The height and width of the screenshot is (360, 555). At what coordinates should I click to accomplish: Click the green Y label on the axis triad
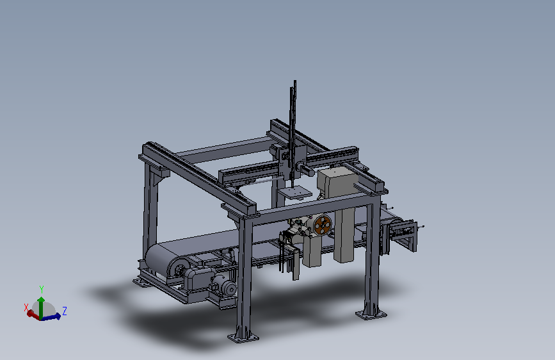(42, 289)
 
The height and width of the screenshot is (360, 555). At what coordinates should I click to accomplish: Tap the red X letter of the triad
(26, 307)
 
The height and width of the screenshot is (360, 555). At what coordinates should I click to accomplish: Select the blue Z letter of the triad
(65, 311)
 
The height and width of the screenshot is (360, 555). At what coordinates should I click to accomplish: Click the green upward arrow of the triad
(41, 307)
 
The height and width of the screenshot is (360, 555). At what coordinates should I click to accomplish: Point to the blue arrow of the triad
(52, 317)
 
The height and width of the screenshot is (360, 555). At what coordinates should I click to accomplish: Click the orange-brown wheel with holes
(323, 225)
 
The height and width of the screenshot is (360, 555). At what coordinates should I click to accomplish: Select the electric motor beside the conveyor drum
(224, 286)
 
